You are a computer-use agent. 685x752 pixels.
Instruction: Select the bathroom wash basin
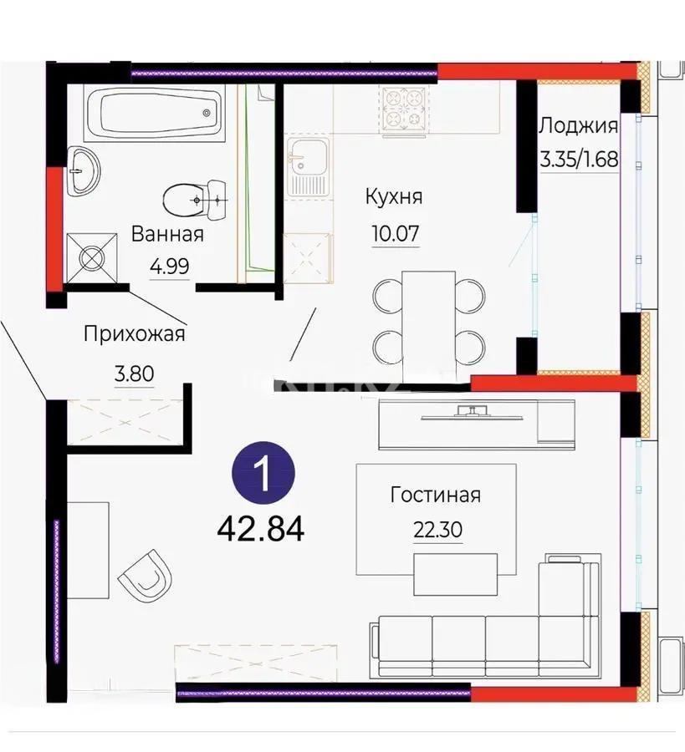tap(82, 170)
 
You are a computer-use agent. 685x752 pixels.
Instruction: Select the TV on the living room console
tap(473, 411)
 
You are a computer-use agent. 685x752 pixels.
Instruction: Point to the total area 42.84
tap(260, 527)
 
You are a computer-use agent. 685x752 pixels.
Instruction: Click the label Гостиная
tap(435, 495)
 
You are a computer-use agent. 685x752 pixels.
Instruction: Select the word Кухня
tap(393, 197)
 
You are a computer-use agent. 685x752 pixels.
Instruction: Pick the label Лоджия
tap(578, 126)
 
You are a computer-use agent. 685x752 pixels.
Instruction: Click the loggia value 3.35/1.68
tap(579, 159)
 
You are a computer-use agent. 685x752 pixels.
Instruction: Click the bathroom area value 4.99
tap(169, 267)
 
